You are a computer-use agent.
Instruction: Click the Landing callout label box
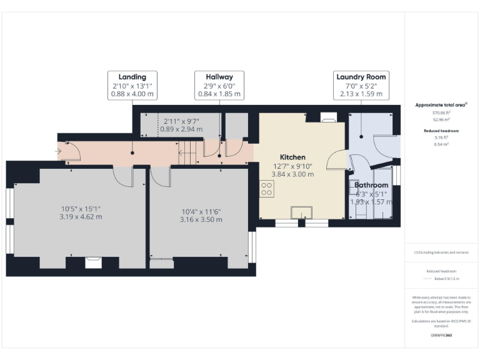click(132, 86)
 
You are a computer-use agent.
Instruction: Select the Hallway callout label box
click(219, 86)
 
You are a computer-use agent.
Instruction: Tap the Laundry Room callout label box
click(361, 86)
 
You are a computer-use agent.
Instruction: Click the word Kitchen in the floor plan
click(292, 157)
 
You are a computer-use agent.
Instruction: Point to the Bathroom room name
click(371, 185)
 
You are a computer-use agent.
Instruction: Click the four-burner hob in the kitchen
click(266, 189)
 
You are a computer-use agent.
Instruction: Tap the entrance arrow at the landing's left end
click(59, 151)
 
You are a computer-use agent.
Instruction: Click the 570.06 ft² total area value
click(442, 113)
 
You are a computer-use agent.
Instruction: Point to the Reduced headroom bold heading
click(442, 131)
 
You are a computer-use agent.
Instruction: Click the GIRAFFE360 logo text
click(441, 336)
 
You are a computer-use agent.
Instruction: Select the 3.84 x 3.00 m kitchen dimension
click(292, 174)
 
